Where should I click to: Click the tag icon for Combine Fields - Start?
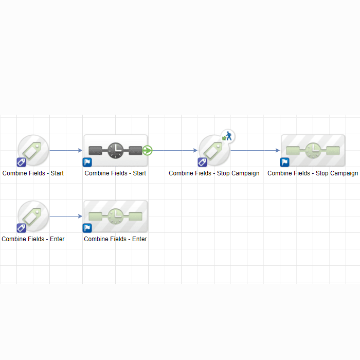[x=33, y=150]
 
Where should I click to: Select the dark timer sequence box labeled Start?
[x=116, y=150]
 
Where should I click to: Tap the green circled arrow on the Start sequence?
[x=147, y=150]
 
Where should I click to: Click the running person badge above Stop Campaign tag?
[x=228, y=136]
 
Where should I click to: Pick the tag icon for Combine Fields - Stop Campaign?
[x=214, y=150]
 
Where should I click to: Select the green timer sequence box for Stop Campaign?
[x=313, y=150]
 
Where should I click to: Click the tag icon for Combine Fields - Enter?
[x=33, y=217]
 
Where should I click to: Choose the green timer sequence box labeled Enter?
[x=116, y=217]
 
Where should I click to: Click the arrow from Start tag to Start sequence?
[x=66, y=150]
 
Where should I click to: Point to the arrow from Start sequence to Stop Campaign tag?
[x=175, y=150]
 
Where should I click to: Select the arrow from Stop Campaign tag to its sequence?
[x=255, y=150]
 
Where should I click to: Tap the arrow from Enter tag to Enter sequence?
[x=66, y=217]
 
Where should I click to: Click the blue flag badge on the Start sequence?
[x=87, y=163]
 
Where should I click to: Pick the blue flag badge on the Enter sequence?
[x=87, y=228]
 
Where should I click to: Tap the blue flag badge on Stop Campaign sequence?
[x=285, y=163]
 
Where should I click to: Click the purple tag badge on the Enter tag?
[x=22, y=228]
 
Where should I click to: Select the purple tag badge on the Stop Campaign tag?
[x=202, y=163]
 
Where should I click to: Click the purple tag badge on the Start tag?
[x=22, y=163]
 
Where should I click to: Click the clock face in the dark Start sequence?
[x=116, y=150]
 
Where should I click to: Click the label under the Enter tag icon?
[x=33, y=239]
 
